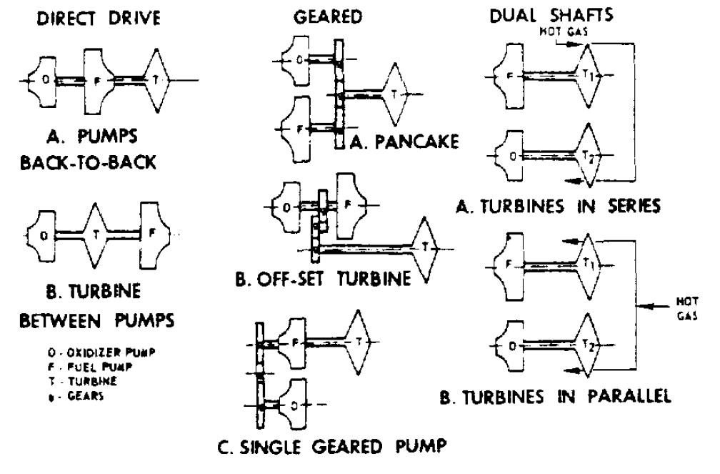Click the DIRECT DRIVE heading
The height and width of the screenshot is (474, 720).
click(x=99, y=19)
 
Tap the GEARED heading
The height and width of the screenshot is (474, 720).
click(x=328, y=17)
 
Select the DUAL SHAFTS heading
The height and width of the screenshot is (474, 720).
click(x=551, y=15)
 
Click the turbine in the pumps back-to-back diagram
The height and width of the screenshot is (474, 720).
click(x=156, y=80)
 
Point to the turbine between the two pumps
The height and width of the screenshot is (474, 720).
click(x=95, y=235)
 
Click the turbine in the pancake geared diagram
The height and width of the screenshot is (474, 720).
click(x=394, y=94)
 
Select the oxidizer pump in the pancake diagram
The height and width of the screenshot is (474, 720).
click(x=296, y=60)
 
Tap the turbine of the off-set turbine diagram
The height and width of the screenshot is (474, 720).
click(x=425, y=249)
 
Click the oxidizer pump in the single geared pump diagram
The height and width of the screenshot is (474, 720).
click(x=293, y=405)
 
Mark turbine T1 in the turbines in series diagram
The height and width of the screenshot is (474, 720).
click(x=589, y=75)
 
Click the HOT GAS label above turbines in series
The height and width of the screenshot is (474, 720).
click(x=564, y=31)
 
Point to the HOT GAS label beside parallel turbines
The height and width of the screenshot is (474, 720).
click(x=687, y=308)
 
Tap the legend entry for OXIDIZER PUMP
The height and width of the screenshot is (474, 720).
click(x=101, y=352)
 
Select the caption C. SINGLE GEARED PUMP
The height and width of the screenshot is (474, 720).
click(x=331, y=446)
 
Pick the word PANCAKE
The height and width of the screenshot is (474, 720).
click(x=417, y=142)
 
